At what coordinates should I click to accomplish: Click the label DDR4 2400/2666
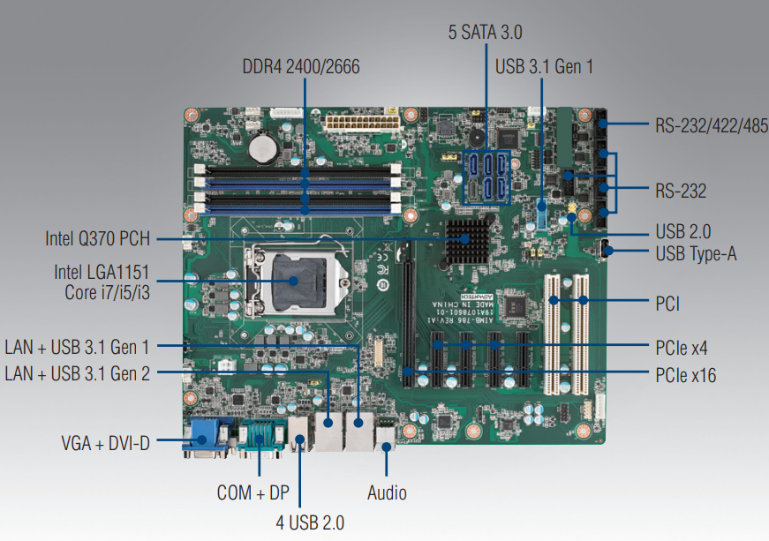(301, 67)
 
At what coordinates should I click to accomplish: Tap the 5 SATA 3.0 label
(486, 33)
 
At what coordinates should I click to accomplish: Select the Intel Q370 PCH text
(97, 238)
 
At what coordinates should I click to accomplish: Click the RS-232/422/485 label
(711, 124)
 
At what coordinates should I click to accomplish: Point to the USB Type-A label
(697, 254)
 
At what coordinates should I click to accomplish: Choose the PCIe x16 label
(686, 375)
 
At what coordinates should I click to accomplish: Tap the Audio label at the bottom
(388, 492)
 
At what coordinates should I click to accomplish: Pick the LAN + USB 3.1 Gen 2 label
(77, 373)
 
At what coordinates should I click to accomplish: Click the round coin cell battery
(262, 147)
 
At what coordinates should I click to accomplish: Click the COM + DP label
(253, 492)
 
